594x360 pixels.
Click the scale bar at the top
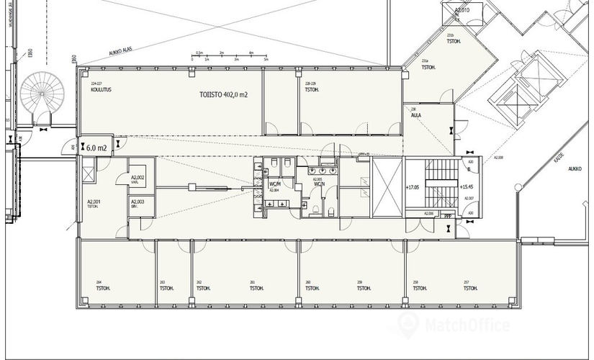click(x=230, y=55)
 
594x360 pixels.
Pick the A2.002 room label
click(x=137, y=179)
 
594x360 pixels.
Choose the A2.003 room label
click(x=137, y=203)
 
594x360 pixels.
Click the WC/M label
click(x=275, y=184)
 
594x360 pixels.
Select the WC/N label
click(x=319, y=184)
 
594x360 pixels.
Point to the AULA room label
click(x=415, y=115)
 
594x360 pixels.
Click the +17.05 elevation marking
click(x=412, y=187)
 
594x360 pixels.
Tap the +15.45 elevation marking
click(x=465, y=187)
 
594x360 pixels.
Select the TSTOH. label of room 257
click(x=469, y=287)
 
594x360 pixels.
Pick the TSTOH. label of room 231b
click(x=454, y=42)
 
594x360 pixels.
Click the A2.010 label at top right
click(x=462, y=11)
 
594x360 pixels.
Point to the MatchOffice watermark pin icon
click(x=408, y=325)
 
